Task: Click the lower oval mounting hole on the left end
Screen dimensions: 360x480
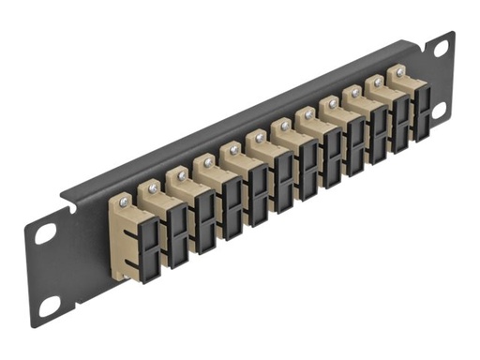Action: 49,305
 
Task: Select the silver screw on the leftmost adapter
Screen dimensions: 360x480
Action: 122,201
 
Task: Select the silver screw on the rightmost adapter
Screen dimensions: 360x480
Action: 400,72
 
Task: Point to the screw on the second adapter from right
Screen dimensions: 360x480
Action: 378,82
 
